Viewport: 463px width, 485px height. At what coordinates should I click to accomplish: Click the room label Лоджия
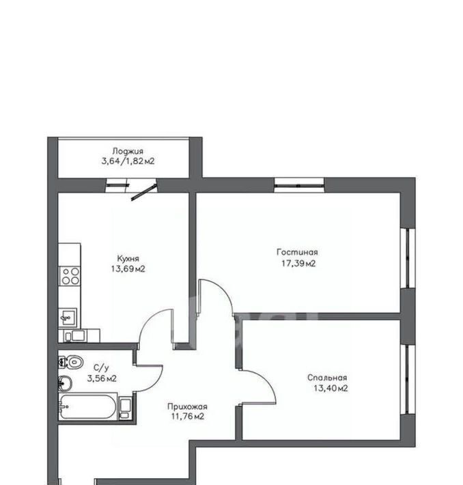point(128,151)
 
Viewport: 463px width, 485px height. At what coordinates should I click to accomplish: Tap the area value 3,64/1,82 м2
point(128,161)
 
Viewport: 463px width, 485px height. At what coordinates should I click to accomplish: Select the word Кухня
point(128,258)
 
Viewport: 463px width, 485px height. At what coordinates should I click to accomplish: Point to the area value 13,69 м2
point(128,268)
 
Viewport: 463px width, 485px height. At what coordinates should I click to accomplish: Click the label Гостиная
point(297,252)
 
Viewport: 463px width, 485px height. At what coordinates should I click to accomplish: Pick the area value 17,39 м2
point(298,263)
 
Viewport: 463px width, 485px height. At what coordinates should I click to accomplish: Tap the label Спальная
point(327,377)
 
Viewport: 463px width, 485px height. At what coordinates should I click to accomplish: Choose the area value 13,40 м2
point(331,388)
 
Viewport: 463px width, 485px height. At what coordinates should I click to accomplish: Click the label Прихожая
point(187,406)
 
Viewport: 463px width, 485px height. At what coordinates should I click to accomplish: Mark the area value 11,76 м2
point(188,416)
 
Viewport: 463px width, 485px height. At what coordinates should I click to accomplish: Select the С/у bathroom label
point(101,368)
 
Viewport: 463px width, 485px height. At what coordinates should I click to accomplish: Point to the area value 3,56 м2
point(102,378)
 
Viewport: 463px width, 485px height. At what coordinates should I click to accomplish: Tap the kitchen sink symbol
point(68,317)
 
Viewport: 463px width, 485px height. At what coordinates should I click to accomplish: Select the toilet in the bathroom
point(71,361)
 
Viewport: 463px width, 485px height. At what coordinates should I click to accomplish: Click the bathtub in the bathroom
point(87,407)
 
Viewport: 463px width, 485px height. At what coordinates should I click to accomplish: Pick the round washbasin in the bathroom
point(65,384)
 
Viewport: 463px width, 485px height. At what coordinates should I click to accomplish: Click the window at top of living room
point(299,186)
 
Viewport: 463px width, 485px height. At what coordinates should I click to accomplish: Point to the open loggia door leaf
point(144,193)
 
